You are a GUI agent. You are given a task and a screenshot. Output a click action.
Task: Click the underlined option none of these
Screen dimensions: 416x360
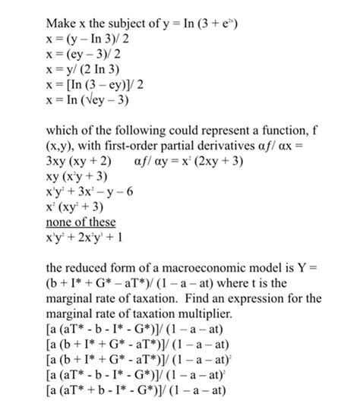point(81,222)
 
